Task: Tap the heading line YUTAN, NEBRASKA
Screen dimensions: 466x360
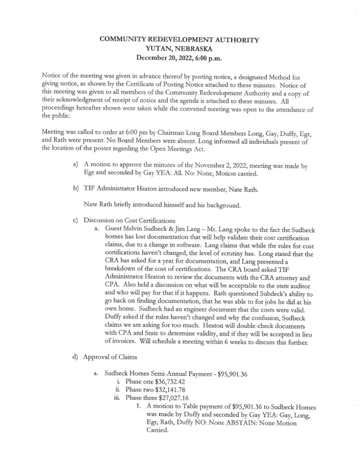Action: tap(179, 48)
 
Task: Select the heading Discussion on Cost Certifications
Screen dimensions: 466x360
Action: tap(129, 221)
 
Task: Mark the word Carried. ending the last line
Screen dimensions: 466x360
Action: tap(157, 431)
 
